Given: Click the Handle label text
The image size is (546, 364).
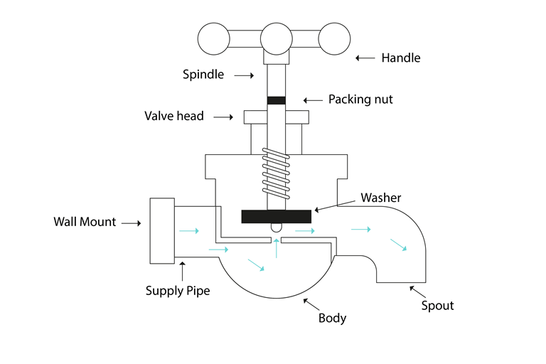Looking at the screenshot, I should tap(401, 58).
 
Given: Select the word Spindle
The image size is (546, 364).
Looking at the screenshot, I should tap(203, 74).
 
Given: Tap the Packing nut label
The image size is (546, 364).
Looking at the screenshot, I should tap(360, 100).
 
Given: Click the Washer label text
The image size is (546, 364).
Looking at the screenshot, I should tap(380, 197).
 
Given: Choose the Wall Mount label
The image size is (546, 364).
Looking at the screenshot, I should tap(85, 222).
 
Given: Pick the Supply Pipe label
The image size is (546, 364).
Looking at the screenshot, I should tap(178, 290).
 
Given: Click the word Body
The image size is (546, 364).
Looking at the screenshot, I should tap(332, 318).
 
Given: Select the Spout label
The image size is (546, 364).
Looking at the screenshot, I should tap(437, 306).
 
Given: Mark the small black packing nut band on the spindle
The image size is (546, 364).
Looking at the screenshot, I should tap(276, 100).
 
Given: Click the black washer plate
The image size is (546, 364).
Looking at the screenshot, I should tap(277, 216).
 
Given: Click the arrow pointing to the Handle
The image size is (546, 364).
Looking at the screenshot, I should tap(365, 58).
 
